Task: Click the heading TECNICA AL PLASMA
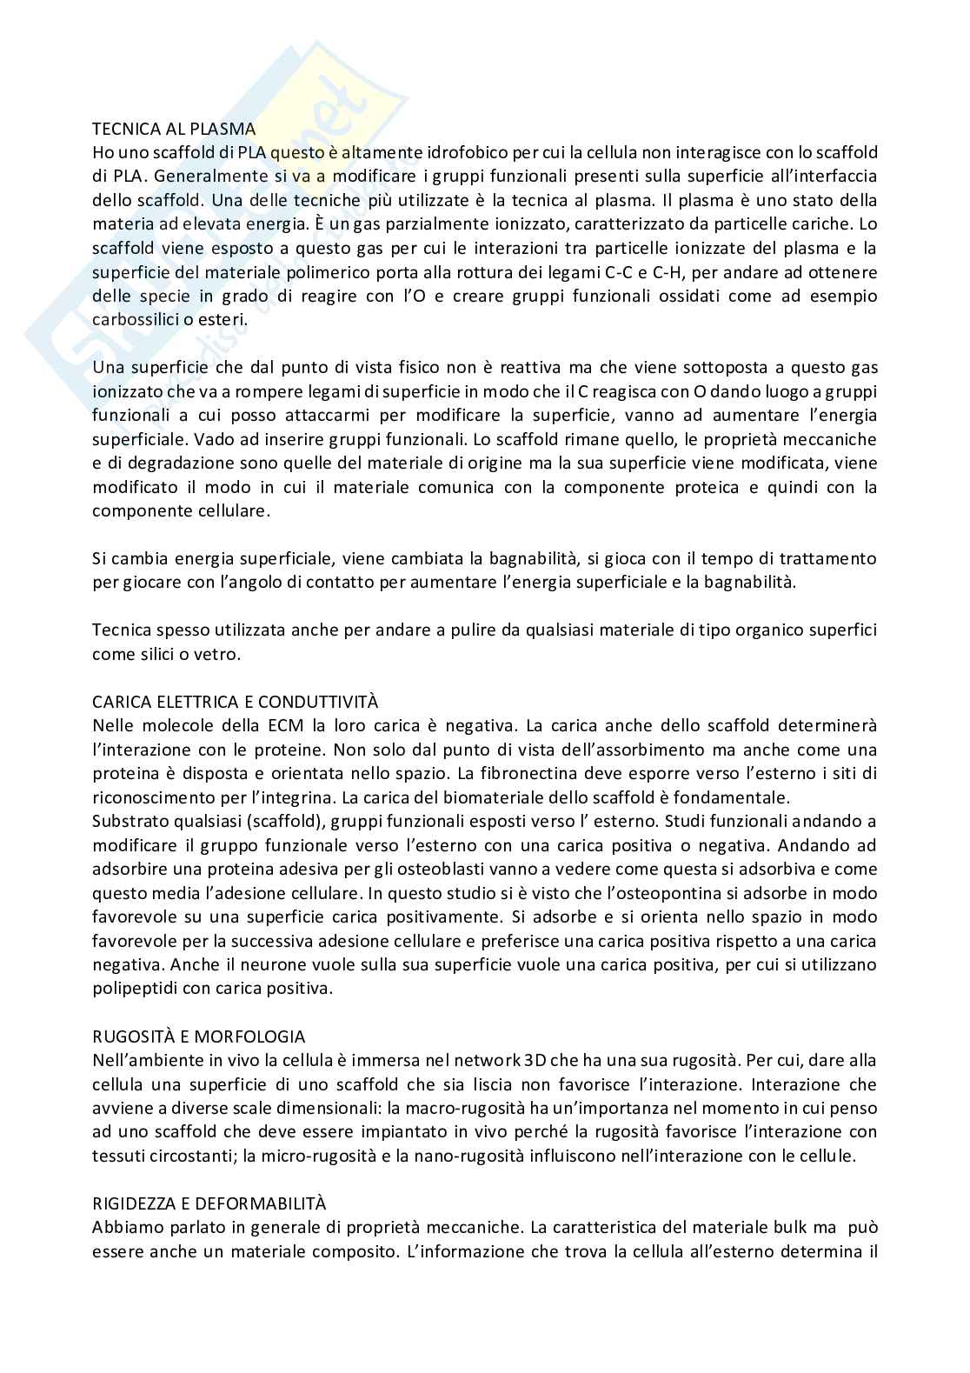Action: [174, 129]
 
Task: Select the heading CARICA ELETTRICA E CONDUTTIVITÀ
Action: [236, 702]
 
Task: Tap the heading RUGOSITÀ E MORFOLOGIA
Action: [199, 1036]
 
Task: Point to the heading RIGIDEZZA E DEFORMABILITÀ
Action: [209, 1203]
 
